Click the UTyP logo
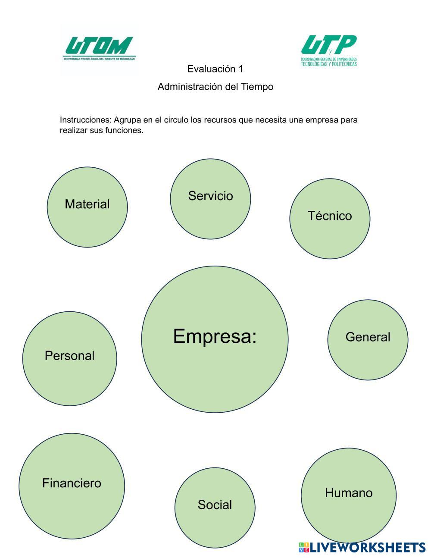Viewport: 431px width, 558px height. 329,50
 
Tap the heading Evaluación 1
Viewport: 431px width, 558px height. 215,69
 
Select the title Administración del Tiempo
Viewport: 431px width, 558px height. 215,87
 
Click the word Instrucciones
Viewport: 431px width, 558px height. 85,120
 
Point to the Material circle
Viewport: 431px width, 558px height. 87,207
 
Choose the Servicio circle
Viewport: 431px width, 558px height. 210,199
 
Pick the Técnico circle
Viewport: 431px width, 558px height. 330,219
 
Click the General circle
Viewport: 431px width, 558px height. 368,340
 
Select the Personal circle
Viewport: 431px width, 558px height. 69,358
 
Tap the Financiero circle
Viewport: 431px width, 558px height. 72,486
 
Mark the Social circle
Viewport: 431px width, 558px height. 215,508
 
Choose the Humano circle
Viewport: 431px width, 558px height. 348,495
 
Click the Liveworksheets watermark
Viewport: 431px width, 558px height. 362,548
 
